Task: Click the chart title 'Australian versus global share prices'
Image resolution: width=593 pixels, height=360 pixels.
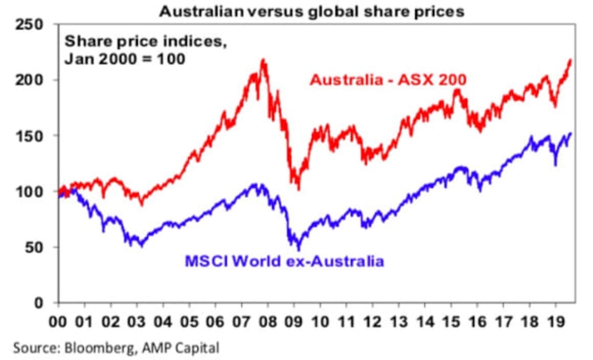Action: (x=311, y=11)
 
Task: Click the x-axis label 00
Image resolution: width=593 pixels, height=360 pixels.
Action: (x=59, y=323)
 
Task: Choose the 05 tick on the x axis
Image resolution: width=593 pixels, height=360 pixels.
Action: (x=189, y=323)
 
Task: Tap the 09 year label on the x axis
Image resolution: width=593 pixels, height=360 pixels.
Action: (x=294, y=323)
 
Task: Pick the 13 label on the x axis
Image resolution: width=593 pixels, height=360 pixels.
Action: (x=399, y=323)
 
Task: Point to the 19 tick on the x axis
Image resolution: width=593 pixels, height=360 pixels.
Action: (x=555, y=323)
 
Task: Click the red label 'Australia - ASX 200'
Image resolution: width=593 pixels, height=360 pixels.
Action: (x=388, y=80)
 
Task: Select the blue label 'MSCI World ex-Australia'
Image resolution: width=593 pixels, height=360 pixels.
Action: (x=284, y=262)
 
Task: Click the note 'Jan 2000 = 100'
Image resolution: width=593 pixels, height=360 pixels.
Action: (x=125, y=59)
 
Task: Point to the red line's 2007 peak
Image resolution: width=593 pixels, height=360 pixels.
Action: (x=263, y=60)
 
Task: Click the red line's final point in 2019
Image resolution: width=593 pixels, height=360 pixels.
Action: (x=571, y=60)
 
